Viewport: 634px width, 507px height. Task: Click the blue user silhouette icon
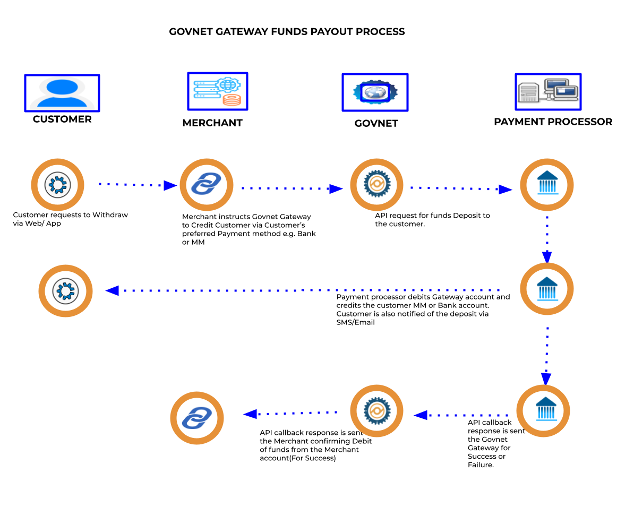coord(62,93)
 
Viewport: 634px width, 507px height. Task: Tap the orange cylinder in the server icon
coord(232,100)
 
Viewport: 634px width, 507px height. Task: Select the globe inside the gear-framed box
coord(375,92)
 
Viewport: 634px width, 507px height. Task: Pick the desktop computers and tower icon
coord(548,92)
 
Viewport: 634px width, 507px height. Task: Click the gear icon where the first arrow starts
coord(57,185)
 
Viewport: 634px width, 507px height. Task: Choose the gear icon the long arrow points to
coord(65,291)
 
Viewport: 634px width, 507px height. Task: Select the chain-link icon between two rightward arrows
coord(207,185)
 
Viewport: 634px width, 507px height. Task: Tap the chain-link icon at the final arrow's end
coord(197,418)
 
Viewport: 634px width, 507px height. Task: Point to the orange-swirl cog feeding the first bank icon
coord(376,185)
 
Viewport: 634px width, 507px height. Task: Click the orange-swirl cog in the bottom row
coord(376,411)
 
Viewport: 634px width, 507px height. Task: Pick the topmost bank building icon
coord(547,185)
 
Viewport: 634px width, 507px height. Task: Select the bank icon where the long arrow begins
coord(547,289)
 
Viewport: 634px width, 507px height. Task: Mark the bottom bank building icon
coord(543,411)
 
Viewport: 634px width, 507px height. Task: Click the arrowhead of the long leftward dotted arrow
coord(112,290)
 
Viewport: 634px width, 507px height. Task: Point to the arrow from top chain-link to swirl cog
coord(292,188)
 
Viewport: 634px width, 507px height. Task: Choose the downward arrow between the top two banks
coord(547,239)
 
